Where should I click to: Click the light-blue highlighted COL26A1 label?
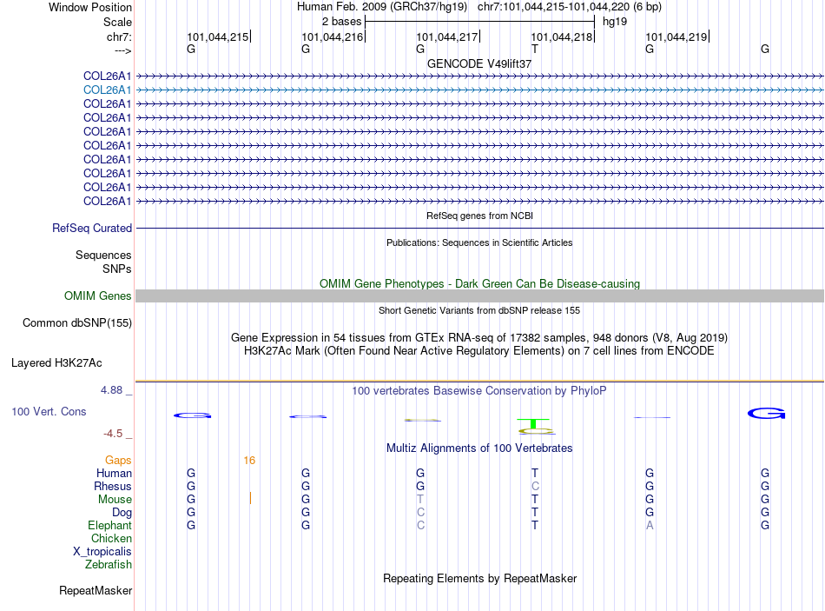coord(108,90)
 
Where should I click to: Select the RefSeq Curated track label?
coord(92,229)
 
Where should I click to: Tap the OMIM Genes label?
coord(98,296)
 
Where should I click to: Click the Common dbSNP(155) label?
coord(76,323)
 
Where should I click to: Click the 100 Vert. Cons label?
coord(49,411)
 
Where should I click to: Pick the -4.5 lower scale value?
coord(113,434)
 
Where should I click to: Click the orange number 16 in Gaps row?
coord(249,461)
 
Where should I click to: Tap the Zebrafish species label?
coord(109,565)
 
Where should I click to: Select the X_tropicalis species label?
coord(102,552)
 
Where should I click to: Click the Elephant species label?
coord(109,526)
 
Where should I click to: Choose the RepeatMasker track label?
coord(96,591)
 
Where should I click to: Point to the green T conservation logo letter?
coord(535,424)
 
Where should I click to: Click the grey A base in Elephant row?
coord(650,526)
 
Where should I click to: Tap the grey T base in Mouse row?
coord(420,500)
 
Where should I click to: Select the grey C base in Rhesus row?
coord(535,487)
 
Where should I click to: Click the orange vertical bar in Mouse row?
coord(250,499)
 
